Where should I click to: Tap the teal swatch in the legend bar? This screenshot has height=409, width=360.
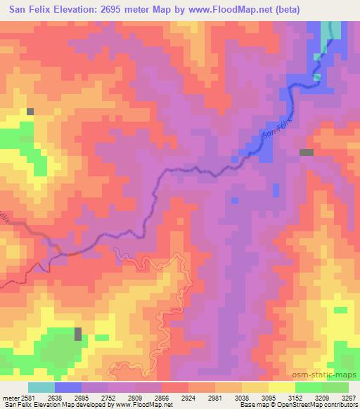41,387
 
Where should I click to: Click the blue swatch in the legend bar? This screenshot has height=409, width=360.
68,387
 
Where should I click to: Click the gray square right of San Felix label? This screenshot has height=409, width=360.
307,152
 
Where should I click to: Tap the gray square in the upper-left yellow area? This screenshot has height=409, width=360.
30,111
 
